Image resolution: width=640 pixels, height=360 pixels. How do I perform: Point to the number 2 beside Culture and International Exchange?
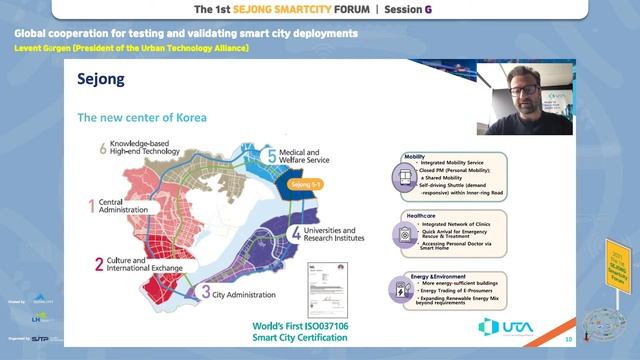click(x=98, y=265)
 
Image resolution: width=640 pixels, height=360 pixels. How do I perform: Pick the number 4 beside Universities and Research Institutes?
click(x=296, y=234)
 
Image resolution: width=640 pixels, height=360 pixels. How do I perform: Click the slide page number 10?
click(x=567, y=339)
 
